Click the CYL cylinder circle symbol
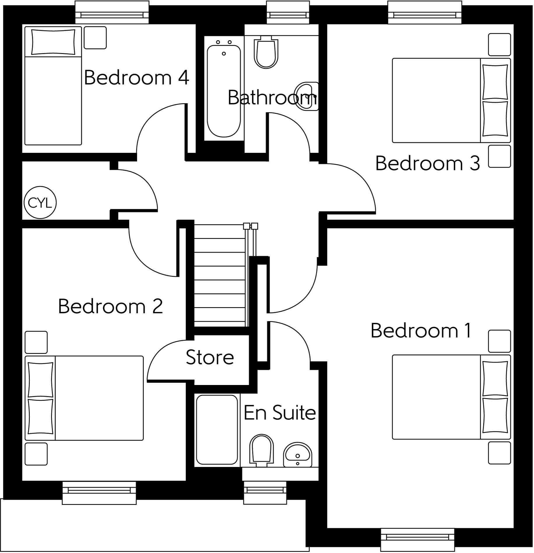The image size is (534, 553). pyautogui.click(x=40, y=203)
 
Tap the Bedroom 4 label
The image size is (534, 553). pyautogui.click(x=136, y=78)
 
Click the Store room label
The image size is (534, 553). pyautogui.click(x=210, y=357)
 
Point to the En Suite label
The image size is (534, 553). pyautogui.click(x=280, y=413)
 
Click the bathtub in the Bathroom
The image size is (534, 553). pyautogui.click(x=224, y=90)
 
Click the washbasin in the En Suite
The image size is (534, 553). pyautogui.click(x=298, y=455)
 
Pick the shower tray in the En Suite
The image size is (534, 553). pyautogui.click(x=217, y=429)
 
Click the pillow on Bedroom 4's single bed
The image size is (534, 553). pyautogui.click(x=53, y=42)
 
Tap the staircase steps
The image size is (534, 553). pyautogui.click(x=220, y=276)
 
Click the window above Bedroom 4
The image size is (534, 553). pyautogui.click(x=112, y=12)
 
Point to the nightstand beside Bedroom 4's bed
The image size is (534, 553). pyautogui.click(x=95, y=38)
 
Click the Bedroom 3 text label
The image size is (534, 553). pyautogui.click(x=427, y=163)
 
